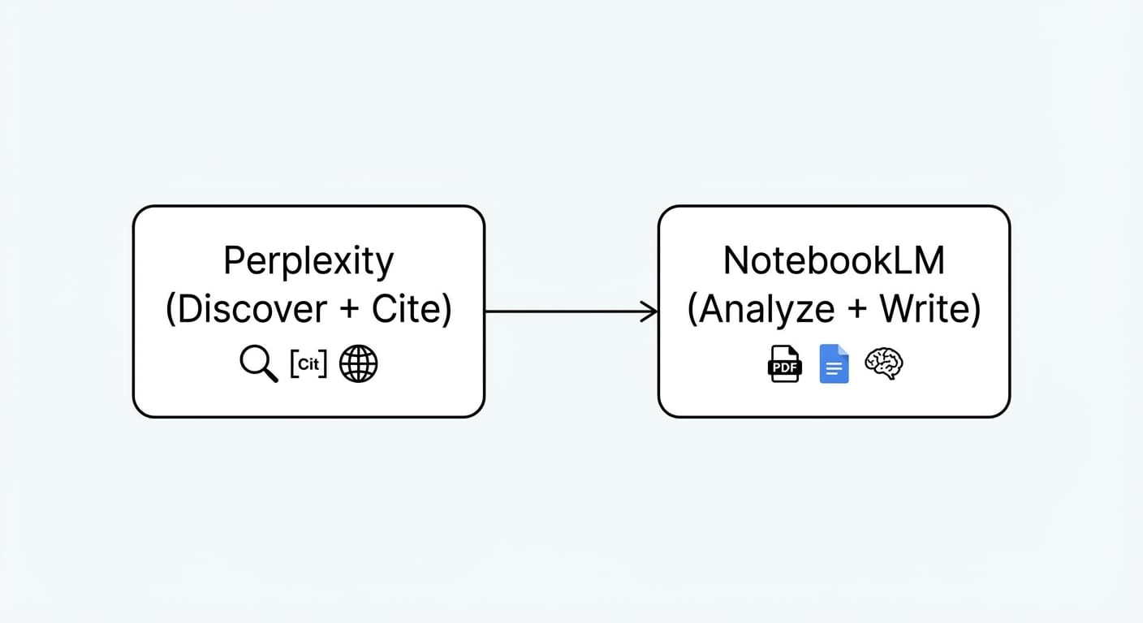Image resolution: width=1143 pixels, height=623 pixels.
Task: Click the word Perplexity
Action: coord(308,262)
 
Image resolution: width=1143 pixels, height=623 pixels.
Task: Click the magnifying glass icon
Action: coord(258,364)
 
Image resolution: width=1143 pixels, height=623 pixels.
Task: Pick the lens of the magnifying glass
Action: coord(254,359)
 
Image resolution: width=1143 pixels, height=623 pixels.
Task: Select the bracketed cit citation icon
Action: coord(308,364)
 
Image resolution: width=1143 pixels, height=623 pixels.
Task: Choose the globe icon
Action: coord(358,364)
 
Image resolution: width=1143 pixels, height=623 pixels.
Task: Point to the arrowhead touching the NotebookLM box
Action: coord(651,311)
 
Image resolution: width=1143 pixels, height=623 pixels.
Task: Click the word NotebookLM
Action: coord(834,262)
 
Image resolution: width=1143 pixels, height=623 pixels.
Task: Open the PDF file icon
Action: coord(784,363)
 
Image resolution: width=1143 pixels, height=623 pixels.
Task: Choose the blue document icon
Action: coord(834,363)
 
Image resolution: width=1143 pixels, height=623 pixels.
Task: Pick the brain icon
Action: coord(884,363)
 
